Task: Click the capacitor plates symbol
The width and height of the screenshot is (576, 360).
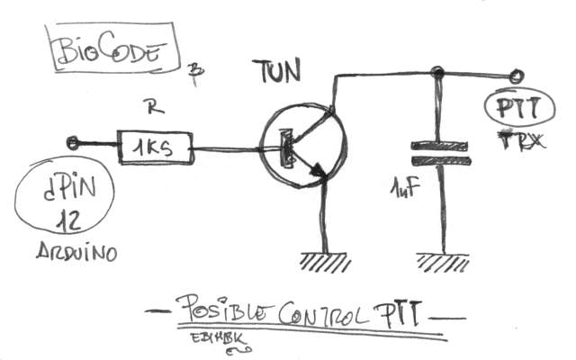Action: [440, 152]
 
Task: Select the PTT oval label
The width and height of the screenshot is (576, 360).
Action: [513, 110]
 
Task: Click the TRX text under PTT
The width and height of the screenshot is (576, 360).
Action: [514, 139]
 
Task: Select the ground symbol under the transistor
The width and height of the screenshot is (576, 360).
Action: [325, 261]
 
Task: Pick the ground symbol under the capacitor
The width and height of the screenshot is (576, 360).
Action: [443, 262]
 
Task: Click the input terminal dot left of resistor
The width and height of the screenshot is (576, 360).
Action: [73, 141]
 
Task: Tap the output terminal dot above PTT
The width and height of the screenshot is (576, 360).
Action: [517, 76]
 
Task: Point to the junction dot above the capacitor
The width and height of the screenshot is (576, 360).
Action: [437, 72]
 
